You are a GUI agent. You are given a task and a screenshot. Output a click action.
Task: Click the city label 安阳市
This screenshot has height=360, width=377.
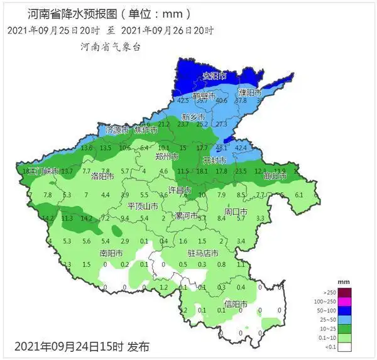point(214,76)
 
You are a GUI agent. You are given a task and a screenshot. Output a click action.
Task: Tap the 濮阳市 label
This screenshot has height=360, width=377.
point(249,92)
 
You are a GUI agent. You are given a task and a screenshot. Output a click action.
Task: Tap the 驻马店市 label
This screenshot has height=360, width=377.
point(203,253)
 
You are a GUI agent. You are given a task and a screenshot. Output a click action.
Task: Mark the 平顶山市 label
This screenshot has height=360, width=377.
point(142,206)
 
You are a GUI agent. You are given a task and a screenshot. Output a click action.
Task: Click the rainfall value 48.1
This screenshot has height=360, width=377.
point(221,148)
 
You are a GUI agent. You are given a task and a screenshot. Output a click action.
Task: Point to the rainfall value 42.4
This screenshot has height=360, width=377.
point(241,148)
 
